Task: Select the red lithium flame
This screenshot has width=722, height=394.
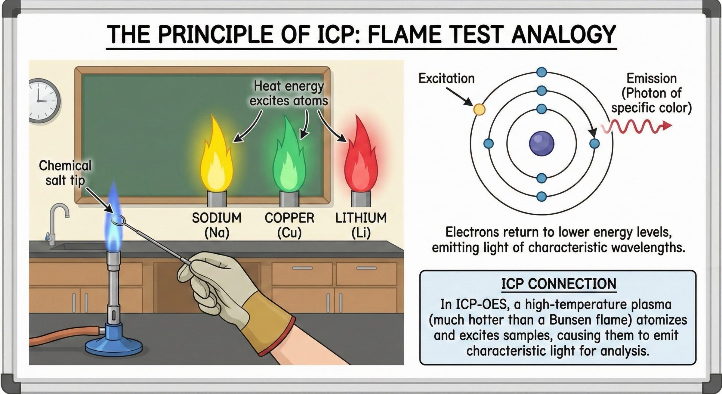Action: [x=361, y=160]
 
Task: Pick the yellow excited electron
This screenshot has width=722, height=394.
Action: [x=479, y=109]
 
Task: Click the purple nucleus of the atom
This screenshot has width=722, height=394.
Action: [x=541, y=143]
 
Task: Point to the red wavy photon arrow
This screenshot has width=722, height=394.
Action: [x=636, y=126]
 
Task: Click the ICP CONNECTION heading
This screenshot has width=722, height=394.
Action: [x=559, y=284]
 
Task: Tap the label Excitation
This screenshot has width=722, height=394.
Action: [x=446, y=79]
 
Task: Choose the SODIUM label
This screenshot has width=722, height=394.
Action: [x=217, y=218]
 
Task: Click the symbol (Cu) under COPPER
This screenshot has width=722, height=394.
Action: [x=289, y=233]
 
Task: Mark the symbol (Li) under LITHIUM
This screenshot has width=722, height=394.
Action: [x=361, y=233]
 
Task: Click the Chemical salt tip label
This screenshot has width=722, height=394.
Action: [x=65, y=173]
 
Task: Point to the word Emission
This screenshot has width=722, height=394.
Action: [x=652, y=79]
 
